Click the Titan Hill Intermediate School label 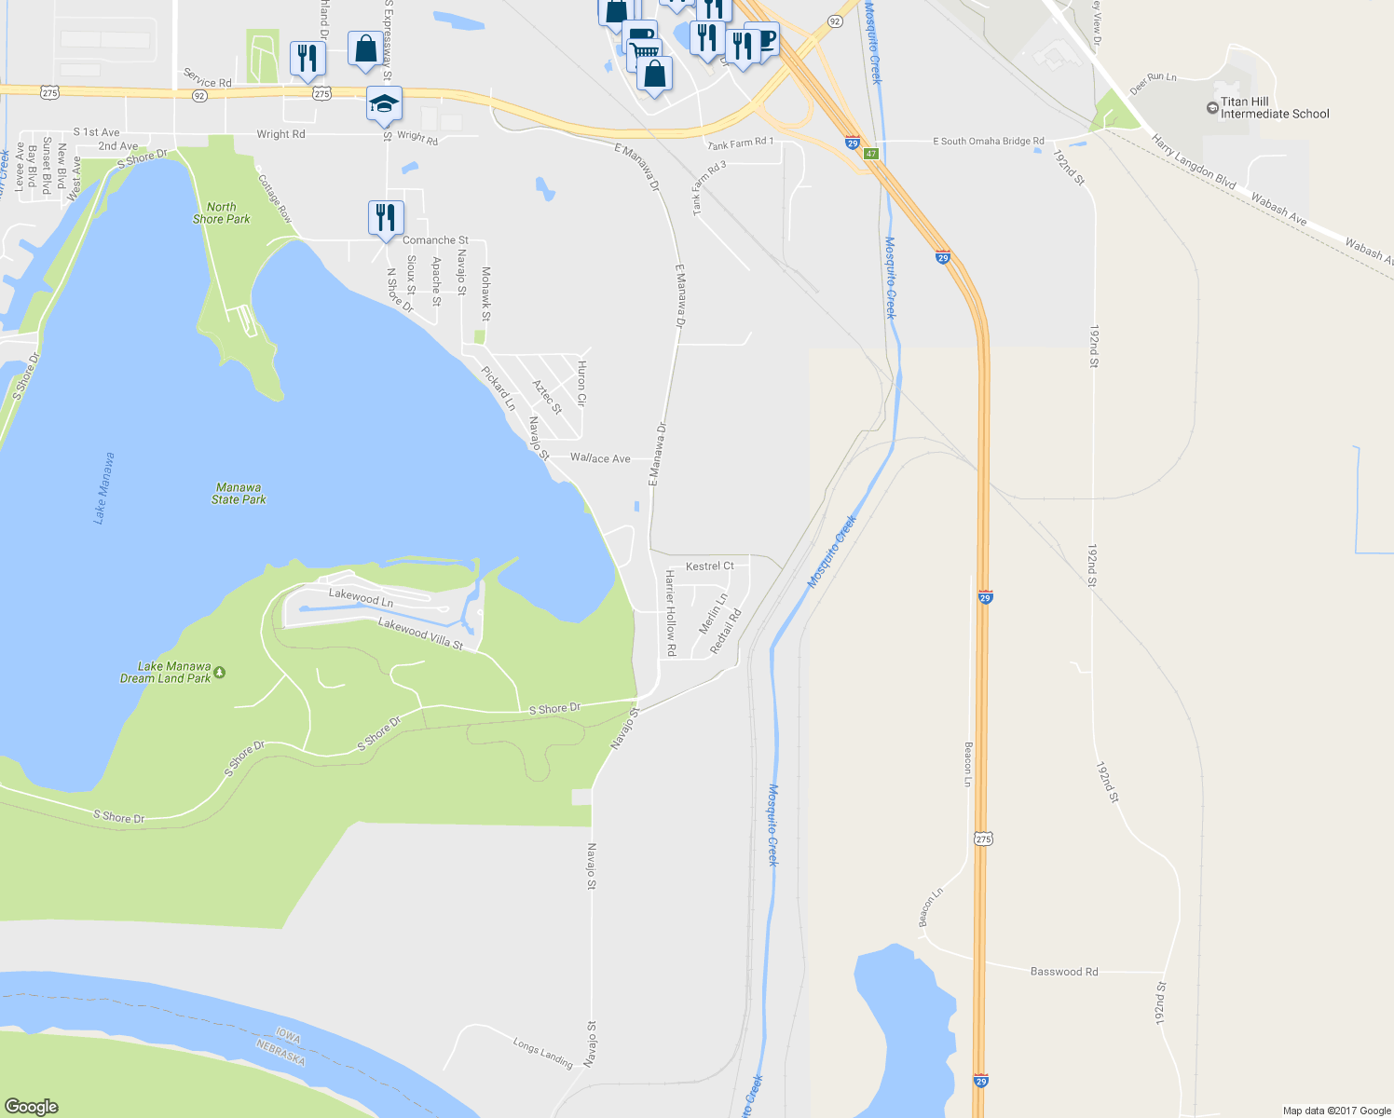tap(1274, 108)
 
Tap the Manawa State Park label tap(239, 494)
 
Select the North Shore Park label tap(222, 213)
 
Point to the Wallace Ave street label tap(600, 458)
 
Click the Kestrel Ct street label tap(710, 566)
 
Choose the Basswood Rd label tap(1064, 972)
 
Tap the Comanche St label tap(435, 240)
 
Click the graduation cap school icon tap(384, 103)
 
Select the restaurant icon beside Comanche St tap(386, 218)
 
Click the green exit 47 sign tap(871, 154)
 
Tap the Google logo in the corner tap(32, 1106)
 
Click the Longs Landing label tap(542, 1053)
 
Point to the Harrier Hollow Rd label tap(670, 613)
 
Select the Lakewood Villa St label tap(420, 634)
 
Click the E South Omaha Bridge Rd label tap(989, 142)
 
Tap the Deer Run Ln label tap(1154, 83)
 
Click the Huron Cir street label tap(581, 383)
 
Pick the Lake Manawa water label tap(104, 488)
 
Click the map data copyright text tap(1336, 1111)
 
